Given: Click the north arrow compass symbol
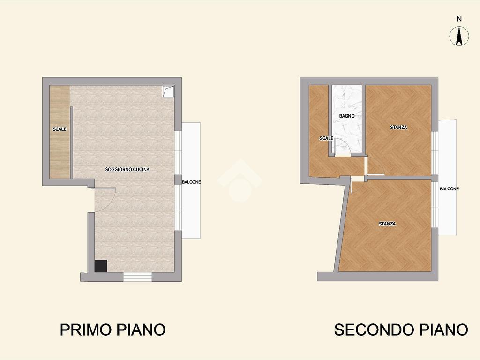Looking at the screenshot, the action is coord(459,36).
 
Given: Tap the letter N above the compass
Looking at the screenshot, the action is coord(459,19).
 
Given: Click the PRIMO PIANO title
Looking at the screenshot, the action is coord(112,330).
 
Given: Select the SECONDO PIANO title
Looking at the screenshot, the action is coord(401,330).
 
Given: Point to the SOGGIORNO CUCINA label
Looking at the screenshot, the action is coord(127,169).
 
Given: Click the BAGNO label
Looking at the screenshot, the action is coord(347,116).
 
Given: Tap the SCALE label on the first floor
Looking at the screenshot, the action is coord(60,129).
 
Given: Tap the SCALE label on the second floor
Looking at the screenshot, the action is coord(326,138).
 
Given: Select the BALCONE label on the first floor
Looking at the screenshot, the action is coord(191,182).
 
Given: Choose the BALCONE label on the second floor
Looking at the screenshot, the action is coord(450,189).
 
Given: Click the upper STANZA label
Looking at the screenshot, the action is coord(398,127).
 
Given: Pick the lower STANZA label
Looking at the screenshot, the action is coord(387,224).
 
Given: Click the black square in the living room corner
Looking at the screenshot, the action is coord(101,266).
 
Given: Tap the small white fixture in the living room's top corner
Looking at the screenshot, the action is coord(168,91).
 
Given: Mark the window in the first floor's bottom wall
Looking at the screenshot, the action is coord(137,277).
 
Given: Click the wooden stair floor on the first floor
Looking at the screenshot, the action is coord(60,132).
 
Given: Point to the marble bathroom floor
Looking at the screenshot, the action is coord(347,120).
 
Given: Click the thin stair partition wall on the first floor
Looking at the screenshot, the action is coord(72,142).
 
